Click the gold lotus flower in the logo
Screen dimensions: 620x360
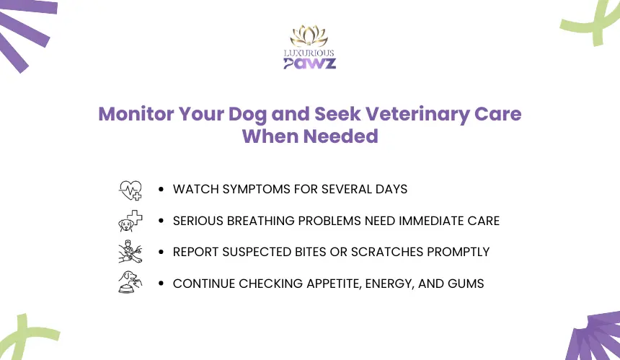(309, 36)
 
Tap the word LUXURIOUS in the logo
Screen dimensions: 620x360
(309, 53)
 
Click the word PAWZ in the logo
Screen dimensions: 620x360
(309, 63)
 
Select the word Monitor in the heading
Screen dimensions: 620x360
(136, 114)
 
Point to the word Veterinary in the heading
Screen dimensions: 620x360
(417, 114)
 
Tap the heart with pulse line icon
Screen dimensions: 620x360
(130, 190)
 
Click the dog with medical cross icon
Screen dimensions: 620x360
(130, 221)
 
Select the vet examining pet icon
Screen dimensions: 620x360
(130, 252)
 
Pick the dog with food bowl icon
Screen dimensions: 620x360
(130, 282)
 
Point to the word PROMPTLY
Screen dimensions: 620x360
(459, 252)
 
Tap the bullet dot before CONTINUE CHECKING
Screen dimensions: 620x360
(161, 284)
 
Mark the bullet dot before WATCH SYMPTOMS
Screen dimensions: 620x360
(161, 189)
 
